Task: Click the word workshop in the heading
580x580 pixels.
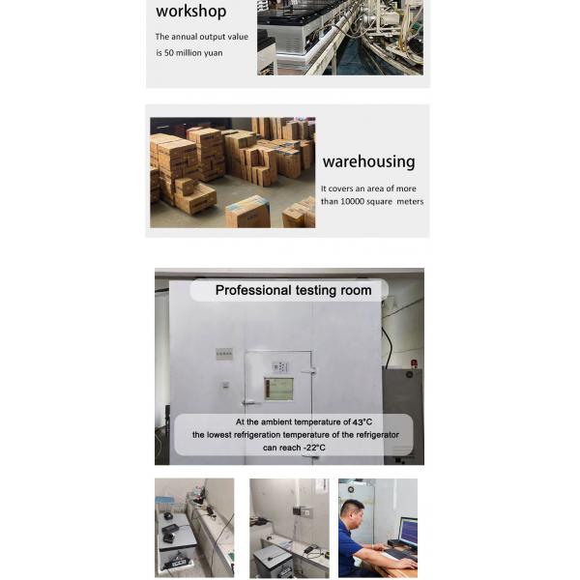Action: tap(190, 11)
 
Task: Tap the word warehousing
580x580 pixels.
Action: tap(369, 161)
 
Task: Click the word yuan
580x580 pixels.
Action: tap(213, 53)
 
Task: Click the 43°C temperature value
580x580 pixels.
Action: tap(362, 422)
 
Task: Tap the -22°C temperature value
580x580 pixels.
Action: tap(314, 448)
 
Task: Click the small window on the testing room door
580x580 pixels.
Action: tap(278, 389)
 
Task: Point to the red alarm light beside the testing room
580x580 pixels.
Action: tap(414, 363)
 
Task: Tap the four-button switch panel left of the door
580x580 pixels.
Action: tap(224, 354)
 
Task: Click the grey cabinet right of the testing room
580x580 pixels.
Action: tap(403, 415)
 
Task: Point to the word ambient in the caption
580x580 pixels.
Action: tap(276, 422)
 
